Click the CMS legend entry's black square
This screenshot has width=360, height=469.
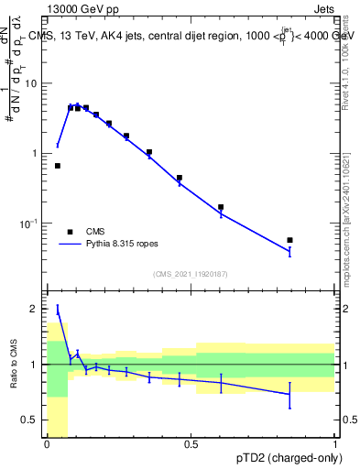(70, 232)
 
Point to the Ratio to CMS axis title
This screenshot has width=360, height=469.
(13, 365)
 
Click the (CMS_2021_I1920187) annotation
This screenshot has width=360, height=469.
(190, 273)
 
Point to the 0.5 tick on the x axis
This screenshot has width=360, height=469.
(191, 445)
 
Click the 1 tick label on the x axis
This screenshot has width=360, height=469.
(334, 445)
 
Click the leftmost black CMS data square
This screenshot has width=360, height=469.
(58, 166)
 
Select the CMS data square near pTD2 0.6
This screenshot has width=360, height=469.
(221, 207)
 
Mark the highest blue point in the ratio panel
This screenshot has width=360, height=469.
(58, 310)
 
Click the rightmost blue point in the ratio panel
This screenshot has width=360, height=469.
(289, 395)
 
